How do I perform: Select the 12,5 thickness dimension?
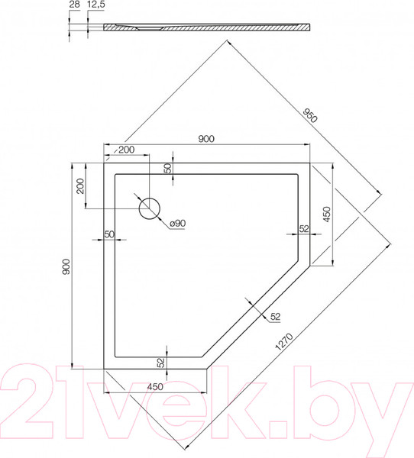coord(95,5)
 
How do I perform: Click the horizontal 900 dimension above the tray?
coord(206,138)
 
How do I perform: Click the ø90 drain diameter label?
coord(176,223)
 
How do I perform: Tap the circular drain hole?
coord(149,208)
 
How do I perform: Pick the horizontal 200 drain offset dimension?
coord(127,150)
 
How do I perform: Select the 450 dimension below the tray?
coord(155,385)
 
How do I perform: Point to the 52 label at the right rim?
coord(304,228)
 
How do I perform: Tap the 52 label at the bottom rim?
coord(161,363)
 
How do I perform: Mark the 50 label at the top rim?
coord(168,168)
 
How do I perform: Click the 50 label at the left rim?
coord(108,234)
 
